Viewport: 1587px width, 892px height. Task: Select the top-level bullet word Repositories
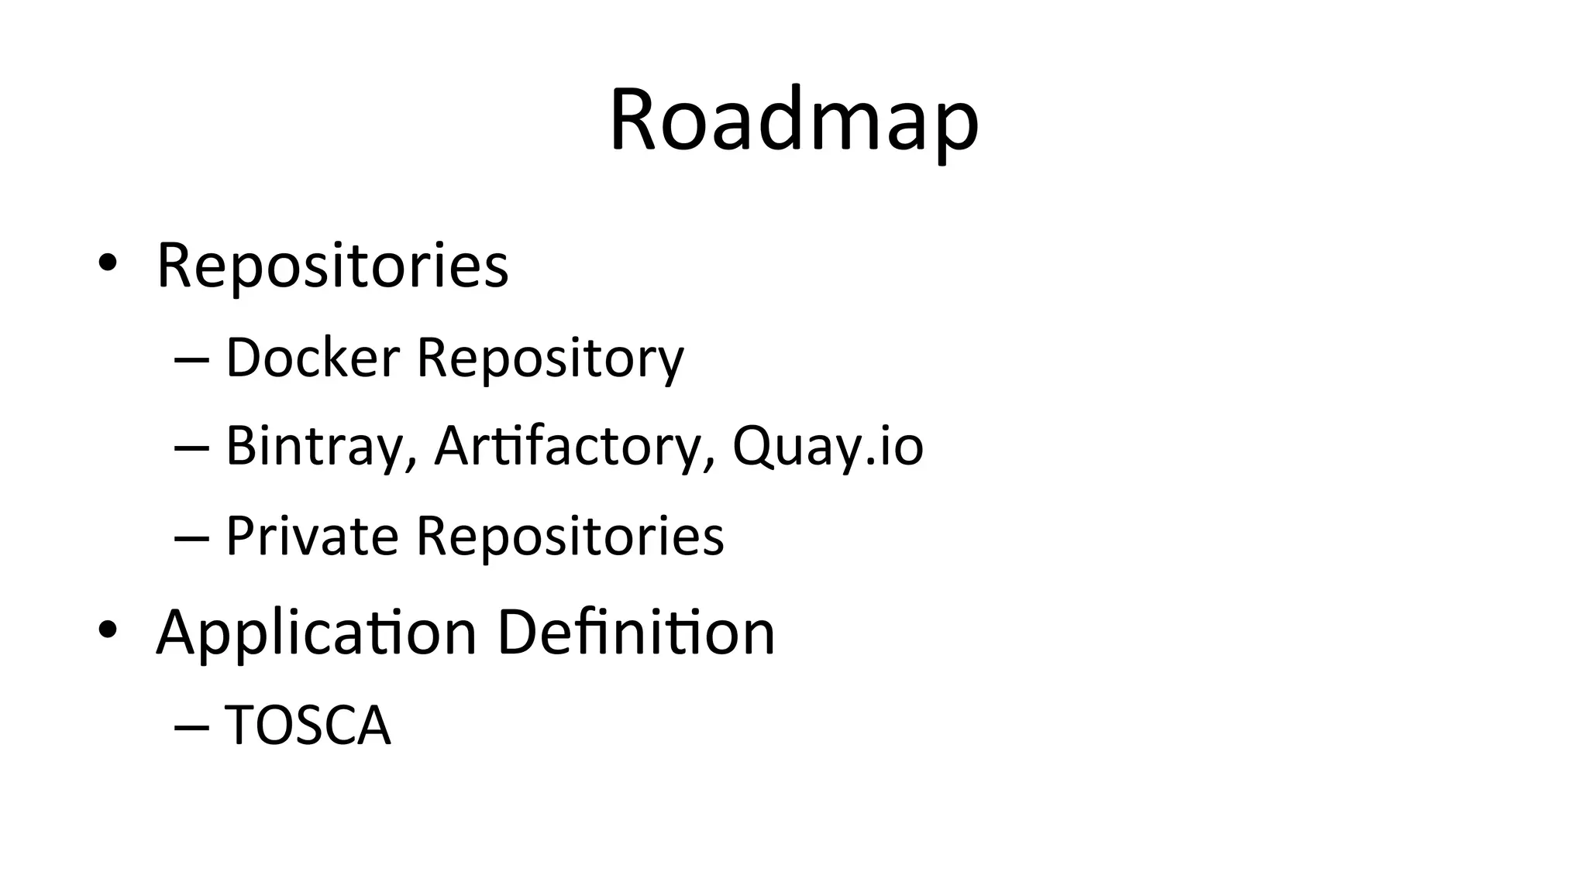click(332, 266)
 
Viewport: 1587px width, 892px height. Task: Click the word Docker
click(312, 358)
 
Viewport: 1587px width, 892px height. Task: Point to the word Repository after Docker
click(550, 359)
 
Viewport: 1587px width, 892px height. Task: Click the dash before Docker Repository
click(192, 360)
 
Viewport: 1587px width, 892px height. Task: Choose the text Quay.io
click(828, 447)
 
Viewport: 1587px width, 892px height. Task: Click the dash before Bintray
click(192, 449)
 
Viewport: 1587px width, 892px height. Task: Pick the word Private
click(312, 536)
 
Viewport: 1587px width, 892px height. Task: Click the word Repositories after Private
click(570, 536)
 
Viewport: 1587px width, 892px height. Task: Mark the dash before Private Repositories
click(192, 538)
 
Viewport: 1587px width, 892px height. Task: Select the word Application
click(315, 633)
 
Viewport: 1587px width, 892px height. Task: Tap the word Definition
click(635, 632)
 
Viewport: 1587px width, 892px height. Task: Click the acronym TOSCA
click(308, 726)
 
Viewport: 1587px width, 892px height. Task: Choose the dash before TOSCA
click(192, 728)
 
